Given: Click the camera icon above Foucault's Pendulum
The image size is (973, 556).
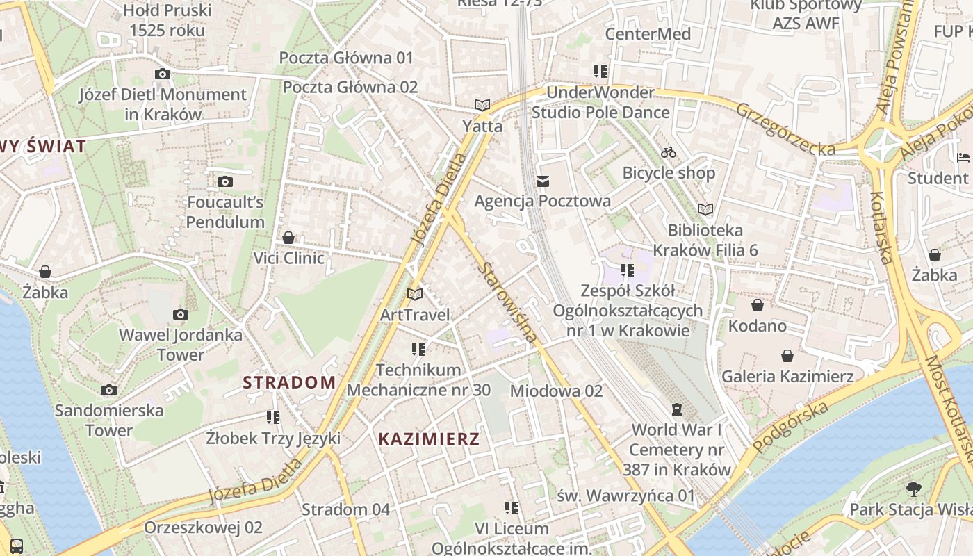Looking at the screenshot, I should (x=225, y=182).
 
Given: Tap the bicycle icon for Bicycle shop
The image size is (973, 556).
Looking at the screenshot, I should (x=669, y=152).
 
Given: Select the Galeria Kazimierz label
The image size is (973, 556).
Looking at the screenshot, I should (x=787, y=377).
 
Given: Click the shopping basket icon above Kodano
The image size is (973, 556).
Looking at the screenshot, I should (x=758, y=305).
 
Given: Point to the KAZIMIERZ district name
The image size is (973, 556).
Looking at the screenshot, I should (x=429, y=439).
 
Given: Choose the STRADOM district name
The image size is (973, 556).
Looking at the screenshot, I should (x=289, y=382).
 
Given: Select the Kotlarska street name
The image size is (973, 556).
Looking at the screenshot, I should (x=881, y=228).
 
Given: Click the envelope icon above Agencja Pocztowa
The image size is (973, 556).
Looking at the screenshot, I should (x=543, y=181).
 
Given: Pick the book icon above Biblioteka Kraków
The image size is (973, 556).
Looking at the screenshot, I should (x=705, y=209).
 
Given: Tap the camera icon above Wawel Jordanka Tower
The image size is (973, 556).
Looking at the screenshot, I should (x=181, y=315).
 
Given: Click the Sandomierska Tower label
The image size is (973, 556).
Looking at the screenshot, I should (x=109, y=420).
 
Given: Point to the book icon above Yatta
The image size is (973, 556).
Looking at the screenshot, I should (x=482, y=106).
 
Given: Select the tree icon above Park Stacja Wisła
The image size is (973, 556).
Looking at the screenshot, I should (x=913, y=489).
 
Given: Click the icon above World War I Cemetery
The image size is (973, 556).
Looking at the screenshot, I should (x=677, y=409).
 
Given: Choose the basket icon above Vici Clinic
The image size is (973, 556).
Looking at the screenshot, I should (x=288, y=238).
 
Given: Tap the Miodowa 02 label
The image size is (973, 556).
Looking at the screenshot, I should (x=556, y=391).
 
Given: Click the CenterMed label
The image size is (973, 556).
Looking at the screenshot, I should (x=648, y=34).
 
